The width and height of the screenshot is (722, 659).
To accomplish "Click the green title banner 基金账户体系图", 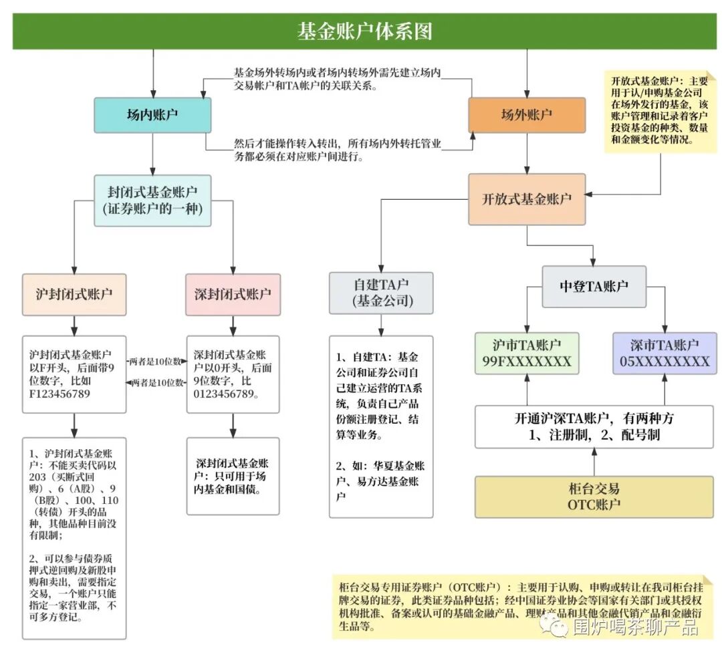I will tap(364, 31).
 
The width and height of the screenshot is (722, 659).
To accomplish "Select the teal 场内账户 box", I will tap(152, 115).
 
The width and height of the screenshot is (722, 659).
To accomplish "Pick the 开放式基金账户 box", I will tap(527, 199).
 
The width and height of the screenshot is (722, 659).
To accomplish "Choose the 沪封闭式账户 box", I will tap(74, 294).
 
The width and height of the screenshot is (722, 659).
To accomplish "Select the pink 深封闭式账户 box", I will tap(233, 294).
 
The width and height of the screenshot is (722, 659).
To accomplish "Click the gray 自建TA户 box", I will tap(381, 293).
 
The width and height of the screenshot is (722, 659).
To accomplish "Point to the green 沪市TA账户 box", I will tap(526, 354).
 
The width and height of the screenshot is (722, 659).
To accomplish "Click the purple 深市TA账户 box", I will tap(664, 354).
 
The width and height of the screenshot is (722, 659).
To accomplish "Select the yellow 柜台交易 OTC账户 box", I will tap(594, 497).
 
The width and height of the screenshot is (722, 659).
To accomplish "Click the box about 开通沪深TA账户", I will tap(594, 426).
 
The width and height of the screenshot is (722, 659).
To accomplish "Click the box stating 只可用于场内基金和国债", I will tap(233, 477).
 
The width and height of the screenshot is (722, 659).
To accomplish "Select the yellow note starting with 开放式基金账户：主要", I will tap(660, 111).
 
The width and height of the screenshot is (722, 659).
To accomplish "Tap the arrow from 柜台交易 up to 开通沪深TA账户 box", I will tap(594, 462).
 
